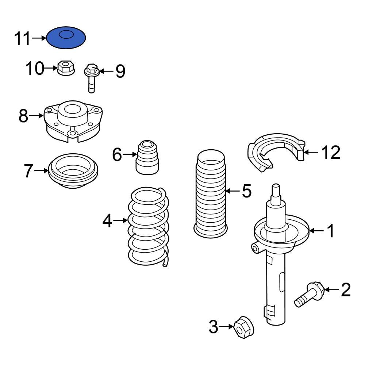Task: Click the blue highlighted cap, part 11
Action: [66, 38]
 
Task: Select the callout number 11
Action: [22, 38]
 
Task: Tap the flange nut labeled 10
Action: [66, 68]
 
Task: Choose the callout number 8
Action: [23, 116]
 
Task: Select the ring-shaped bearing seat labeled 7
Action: [73, 172]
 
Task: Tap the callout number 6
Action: [117, 155]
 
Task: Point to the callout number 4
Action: [107, 221]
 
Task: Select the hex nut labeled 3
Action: [243, 327]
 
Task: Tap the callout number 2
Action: [345, 290]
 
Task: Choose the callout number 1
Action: [330, 231]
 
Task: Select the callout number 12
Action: [331, 152]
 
